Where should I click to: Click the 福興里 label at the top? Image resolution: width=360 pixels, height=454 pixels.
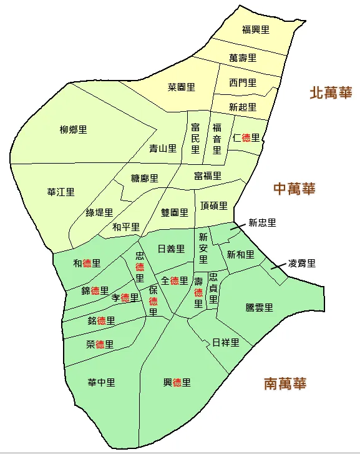click(255, 29)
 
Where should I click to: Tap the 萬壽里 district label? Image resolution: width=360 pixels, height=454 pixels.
click(243, 58)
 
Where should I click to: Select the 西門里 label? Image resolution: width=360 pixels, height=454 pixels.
click(242, 82)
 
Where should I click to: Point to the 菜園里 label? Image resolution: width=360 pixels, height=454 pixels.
click(182, 87)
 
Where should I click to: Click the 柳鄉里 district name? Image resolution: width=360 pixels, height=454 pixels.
click(74, 130)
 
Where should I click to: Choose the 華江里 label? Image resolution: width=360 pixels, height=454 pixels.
click(61, 192)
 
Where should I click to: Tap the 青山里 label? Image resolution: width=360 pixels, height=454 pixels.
click(163, 149)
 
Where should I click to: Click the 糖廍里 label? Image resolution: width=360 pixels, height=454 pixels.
click(145, 179)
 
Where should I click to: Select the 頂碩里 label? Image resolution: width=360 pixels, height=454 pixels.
click(214, 206)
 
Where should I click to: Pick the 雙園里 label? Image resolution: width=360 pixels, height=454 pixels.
click(174, 212)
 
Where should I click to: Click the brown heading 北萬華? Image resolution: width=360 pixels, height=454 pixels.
click(331, 94)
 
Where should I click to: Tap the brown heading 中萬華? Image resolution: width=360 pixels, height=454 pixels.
click(294, 189)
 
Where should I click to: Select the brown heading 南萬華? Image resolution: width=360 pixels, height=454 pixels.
click(285, 383)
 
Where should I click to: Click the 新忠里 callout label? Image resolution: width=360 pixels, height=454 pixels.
click(262, 222)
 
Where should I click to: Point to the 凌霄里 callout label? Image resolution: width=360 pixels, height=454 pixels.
click(302, 264)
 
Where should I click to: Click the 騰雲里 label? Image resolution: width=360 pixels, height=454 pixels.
click(260, 307)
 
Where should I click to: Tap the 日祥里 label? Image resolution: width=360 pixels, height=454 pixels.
click(225, 342)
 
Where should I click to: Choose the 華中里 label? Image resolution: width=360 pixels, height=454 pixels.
click(101, 382)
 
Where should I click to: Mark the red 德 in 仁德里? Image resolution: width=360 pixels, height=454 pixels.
click(246, 138)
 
